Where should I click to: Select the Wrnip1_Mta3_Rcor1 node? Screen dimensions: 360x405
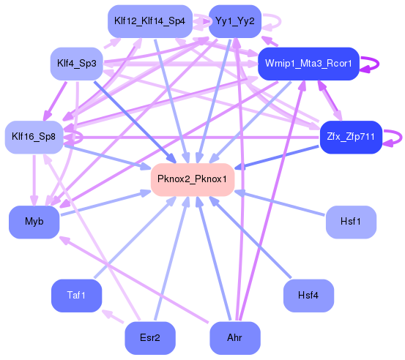point(308,64)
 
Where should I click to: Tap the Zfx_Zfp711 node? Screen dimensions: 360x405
point(351,137)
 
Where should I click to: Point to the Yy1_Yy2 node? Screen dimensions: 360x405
point(234,21)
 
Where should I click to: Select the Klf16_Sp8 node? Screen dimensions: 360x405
point(34,137)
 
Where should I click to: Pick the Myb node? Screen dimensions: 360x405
point(34,222)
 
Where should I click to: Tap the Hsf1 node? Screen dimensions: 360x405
point(351,222)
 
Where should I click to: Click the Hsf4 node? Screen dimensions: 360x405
point(308,295)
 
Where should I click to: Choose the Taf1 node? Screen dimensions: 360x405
point(76,295)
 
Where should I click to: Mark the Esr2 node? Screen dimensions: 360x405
point(149,338)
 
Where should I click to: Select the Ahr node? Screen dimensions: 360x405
point(234,338)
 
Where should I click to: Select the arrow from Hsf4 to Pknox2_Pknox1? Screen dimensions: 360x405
point(264,241)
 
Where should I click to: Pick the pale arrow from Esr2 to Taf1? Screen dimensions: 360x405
point(114,317)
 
